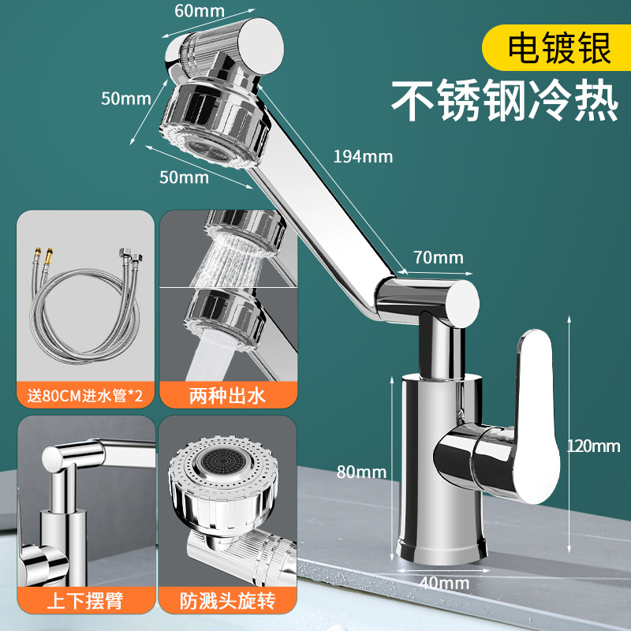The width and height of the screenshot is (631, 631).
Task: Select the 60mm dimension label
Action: tap(200, 10)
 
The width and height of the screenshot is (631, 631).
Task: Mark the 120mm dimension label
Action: tap(594, 446)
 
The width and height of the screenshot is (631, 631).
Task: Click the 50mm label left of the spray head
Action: tap(125, 99)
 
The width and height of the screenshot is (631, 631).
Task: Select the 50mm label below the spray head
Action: tap(184, 177)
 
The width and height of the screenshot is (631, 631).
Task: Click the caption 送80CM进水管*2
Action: tap(85, 395)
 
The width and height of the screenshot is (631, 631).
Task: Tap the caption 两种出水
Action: tap(228, 395)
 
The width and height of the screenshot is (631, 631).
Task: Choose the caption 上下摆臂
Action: tap(85, 602)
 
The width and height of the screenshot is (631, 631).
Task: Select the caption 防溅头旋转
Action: tap(228, 602)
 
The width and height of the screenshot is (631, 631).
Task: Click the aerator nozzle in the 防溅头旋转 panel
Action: tap(214, 463)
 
